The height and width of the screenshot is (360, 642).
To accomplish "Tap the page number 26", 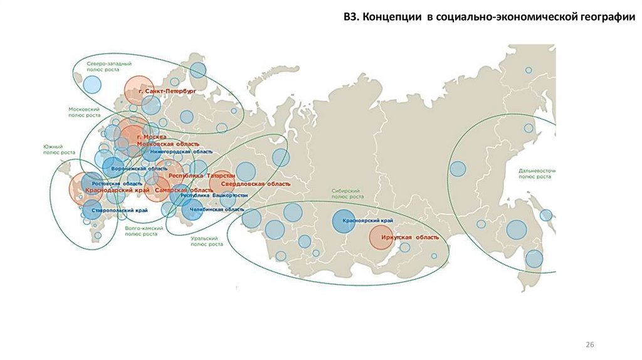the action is (x=589, y=345).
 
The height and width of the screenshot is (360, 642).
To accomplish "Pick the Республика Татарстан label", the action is (x=202, y=176).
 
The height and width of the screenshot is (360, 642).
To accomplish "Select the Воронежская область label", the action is (x=139, y=169).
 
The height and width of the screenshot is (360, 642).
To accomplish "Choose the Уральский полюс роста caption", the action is (x=208, y=241).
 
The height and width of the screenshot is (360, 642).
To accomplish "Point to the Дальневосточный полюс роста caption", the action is (x=537, y=174).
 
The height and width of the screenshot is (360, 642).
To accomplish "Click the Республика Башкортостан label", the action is (x=214, y=196).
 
